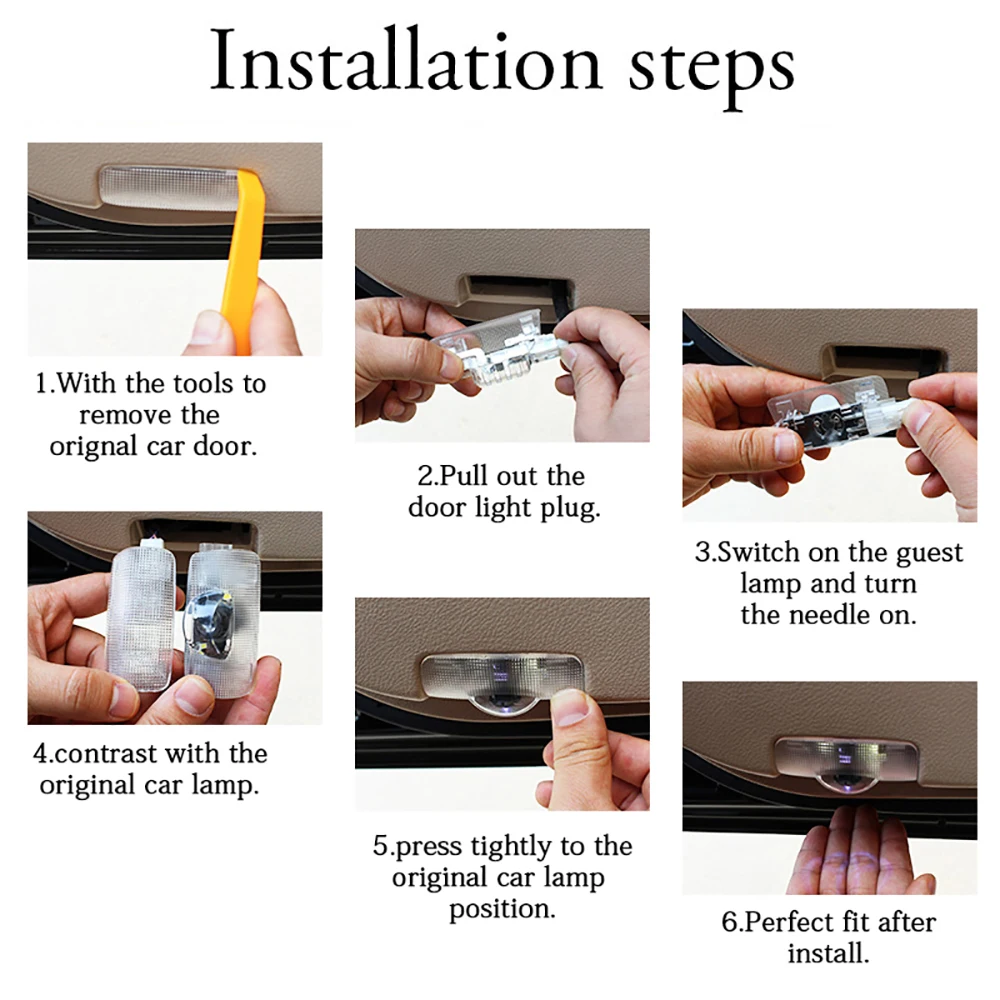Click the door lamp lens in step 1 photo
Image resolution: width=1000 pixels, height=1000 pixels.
click(x=168, y=188)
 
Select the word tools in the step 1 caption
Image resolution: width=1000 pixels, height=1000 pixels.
click(x=204, y=383)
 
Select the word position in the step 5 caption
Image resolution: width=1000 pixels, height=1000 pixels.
click(x=502, y=910)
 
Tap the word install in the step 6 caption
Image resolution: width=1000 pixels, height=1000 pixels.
click(x=828, y=953)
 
